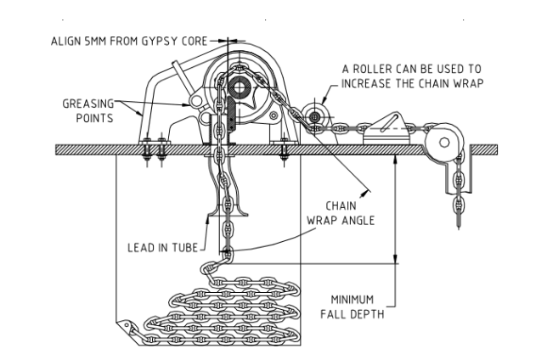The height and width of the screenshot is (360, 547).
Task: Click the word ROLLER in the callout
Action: (x=382, y=68)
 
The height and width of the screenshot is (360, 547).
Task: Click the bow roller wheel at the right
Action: (x=443, y=138)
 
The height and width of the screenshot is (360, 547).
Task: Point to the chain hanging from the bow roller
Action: (x=459, y=196)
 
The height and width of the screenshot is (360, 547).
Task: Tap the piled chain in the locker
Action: (x=229, y=314)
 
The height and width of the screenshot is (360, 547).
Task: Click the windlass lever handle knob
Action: (x=196, y=102)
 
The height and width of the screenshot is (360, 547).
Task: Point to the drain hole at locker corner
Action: (x=128, y=324)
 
